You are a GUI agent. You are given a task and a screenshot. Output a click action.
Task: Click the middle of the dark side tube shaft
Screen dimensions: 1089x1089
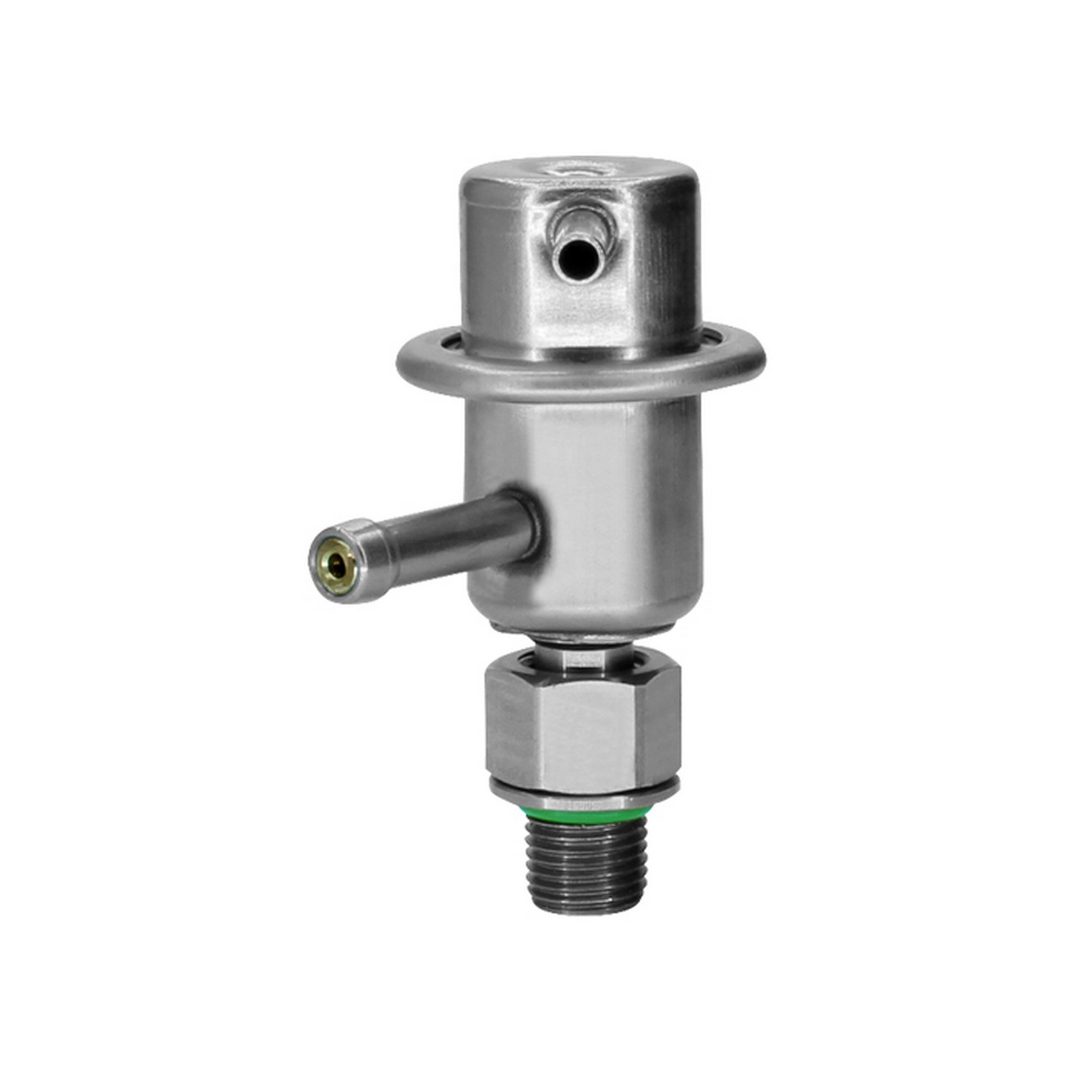[444, 536]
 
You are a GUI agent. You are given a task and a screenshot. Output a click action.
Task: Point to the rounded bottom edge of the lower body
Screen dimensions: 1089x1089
[586, 624]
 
